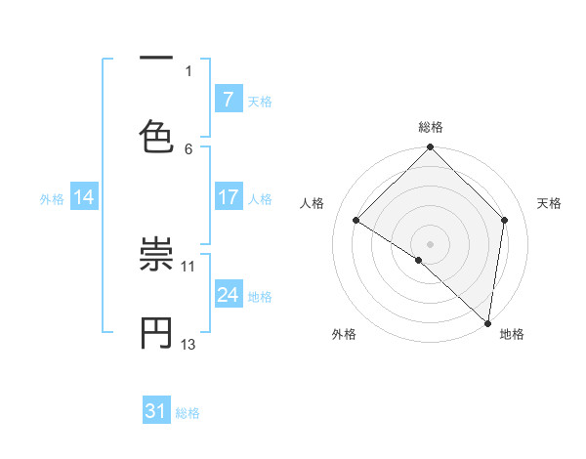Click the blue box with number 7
[228, 99]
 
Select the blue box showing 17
[228, 197]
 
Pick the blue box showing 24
[228, 295]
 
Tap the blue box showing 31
[156, 411]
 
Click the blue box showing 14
[83, 197]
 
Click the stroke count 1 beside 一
[188, 70]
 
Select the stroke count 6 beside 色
[188, 148]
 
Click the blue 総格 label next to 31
[188, 413]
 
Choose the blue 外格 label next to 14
[52, 198]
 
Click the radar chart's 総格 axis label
[431, 127]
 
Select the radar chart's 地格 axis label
[512, 334]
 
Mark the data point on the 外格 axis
[419, 260]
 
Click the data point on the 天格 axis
[505, 220]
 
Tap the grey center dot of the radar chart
[431, 243]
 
